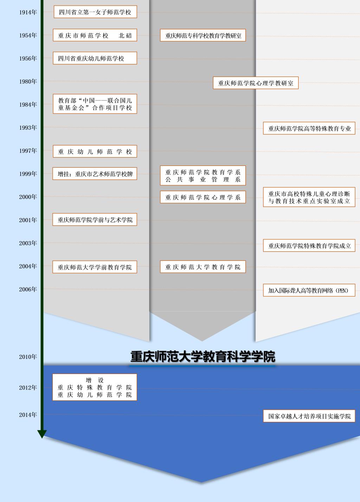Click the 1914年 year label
point(28,12)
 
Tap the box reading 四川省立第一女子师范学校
point(95,12)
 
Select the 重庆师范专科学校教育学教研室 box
point(203,36)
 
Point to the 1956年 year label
point(28,58)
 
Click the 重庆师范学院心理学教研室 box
point(256,83)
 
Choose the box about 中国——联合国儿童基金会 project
point(95,104)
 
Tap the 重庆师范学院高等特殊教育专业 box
point(309,128)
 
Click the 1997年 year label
point(28,151)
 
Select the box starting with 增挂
point(95,174)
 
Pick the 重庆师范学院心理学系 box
point(203,197)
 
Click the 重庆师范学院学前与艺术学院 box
point(95,220)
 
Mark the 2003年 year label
point(28,243)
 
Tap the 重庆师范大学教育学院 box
point(203,267)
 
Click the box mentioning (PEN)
point(309,290)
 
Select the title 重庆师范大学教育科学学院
point(203,356)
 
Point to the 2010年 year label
point(28,357)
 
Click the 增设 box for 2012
point(95,387)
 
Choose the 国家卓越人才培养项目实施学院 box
point(309,416)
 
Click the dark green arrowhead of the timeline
point(42,434)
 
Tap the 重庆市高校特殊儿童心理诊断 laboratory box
point(309,197)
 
